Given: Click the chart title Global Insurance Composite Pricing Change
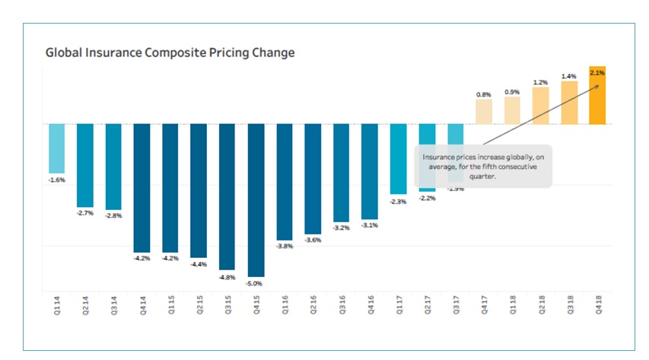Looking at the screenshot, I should (170, 53).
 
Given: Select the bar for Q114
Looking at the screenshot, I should (57, 148).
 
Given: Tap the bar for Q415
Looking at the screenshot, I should (256, 199).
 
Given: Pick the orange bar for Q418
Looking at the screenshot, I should (597, 95).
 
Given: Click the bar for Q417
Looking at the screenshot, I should (484, 111).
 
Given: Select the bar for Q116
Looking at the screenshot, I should (285, 181).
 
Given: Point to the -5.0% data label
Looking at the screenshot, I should (256, 283).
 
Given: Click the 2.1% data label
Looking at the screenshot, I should (597, 72).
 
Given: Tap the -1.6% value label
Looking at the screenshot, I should (57, 180).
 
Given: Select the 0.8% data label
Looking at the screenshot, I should (484, 94).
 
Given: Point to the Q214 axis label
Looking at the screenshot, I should (85, 311).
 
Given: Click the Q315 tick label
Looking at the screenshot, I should (227, 311).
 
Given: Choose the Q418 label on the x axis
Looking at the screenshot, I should (597, 311).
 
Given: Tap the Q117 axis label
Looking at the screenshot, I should (398, 311).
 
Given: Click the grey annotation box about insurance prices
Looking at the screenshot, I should (482, 166).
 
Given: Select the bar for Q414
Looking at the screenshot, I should (142, 187).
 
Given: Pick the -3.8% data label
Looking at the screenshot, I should (285, 246).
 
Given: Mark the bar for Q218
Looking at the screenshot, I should (540, 105).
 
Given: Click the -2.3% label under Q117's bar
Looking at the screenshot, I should (398, 202).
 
